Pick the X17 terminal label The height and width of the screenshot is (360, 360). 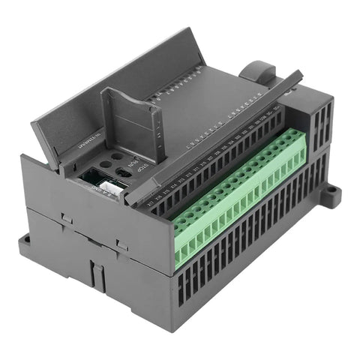(x=152, y=201)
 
